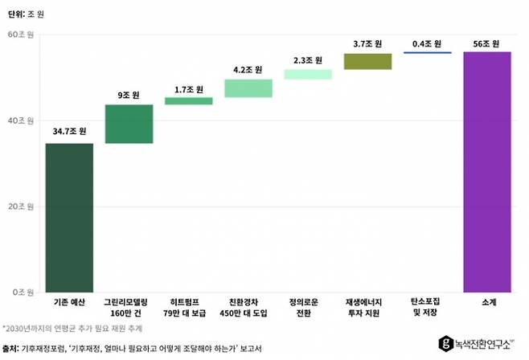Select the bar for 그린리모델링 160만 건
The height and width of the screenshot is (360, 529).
coord(129,124)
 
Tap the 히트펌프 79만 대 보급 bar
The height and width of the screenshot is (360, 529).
coord(189,101)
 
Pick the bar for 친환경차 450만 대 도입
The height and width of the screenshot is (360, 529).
coord(248,88)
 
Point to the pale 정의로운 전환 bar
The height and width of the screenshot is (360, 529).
coord(308,74)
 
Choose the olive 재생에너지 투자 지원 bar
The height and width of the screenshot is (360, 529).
coord(367,61)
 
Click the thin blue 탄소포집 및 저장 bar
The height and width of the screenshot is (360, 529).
coord(427,53)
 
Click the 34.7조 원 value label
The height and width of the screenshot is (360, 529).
coord(69,131)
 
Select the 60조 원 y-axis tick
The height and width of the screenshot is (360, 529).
coord(20,35)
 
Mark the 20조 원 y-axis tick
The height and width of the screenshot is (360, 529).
coord(20,207)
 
